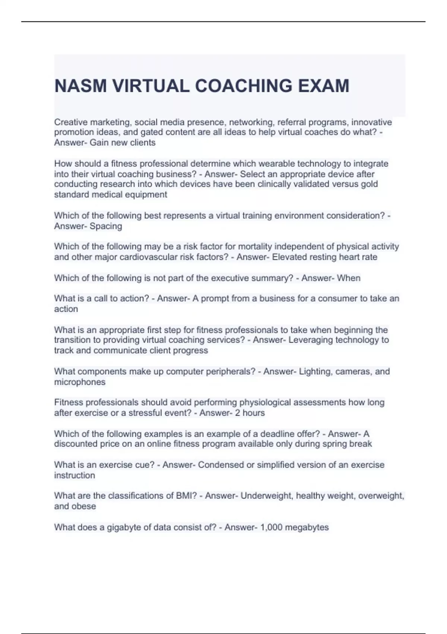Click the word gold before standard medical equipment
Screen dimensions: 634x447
coord(369,184)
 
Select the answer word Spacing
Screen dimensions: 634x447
coord(106,226)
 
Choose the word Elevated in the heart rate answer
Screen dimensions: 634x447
coord(289,257)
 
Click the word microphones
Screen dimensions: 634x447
coord(80,382)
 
